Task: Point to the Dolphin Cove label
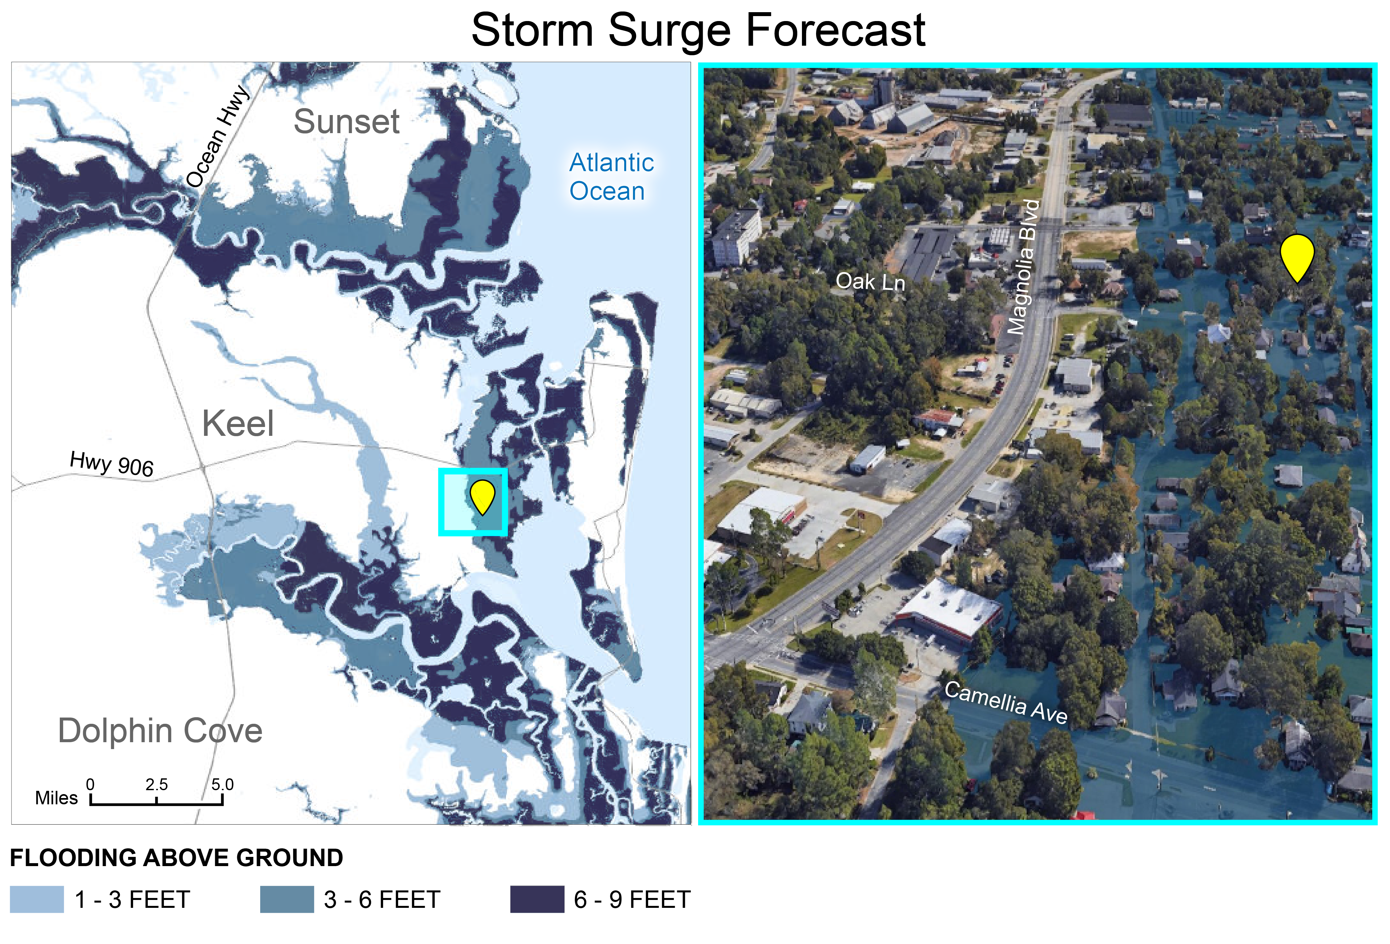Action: tap(160, 730)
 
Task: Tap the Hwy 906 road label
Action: tap(112, 464)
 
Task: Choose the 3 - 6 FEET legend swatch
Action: tap(286, 899)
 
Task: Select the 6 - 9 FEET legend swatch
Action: tap(536, 899)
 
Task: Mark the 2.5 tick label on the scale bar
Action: tap(156, 784)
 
